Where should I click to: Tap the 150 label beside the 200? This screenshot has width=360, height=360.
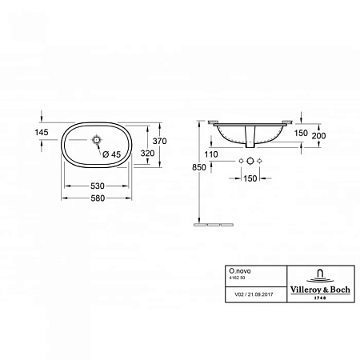[x=300, y=133]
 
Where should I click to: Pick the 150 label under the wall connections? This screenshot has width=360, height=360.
[x=250, y=178]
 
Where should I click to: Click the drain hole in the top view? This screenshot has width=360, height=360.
[x=98, y=142]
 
